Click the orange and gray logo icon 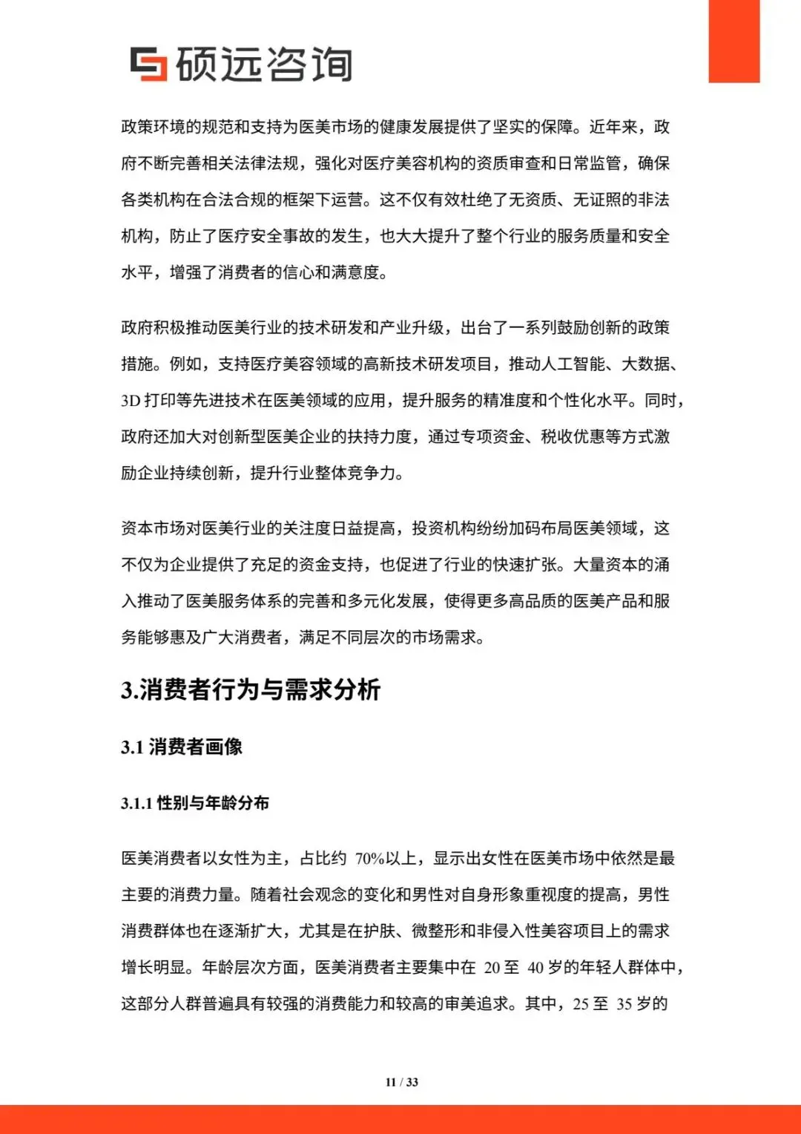148,64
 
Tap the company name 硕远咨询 264,64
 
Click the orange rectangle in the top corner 734,41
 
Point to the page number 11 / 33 401,1082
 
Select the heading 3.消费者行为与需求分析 251,689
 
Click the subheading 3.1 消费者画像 182,747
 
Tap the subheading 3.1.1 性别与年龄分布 195,803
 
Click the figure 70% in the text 369,859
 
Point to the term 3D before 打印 131,401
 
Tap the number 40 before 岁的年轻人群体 535,968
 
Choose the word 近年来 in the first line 613,127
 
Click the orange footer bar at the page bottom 400,1119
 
